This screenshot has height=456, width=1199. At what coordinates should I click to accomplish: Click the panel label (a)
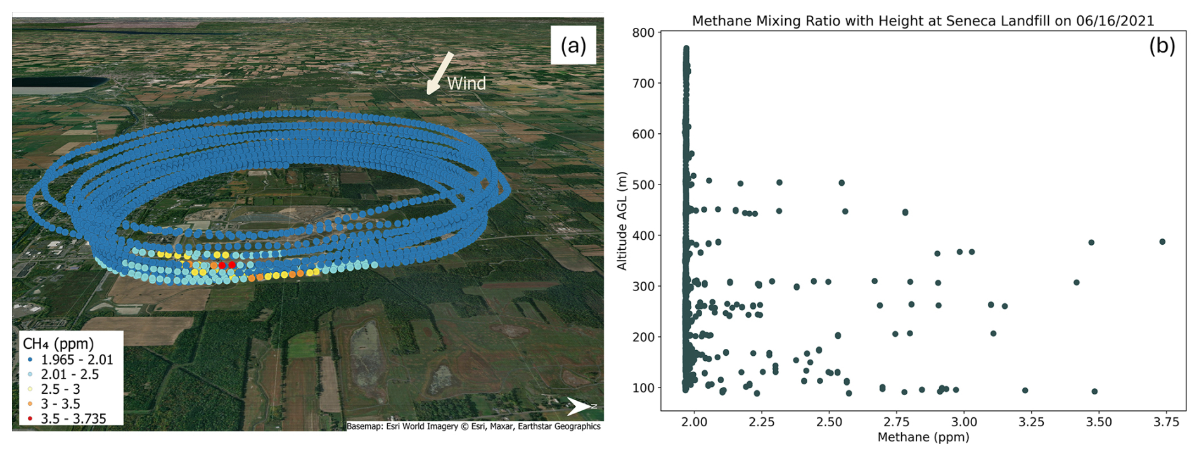tap(573, 45)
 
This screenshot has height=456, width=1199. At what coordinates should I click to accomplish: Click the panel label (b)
tap(1162, 46)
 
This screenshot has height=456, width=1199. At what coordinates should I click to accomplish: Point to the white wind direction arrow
tap(440, 73)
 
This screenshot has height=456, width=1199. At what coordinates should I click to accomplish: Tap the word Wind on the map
tap(466, 84)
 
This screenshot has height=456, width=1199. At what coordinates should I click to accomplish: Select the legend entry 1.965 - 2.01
tap(77, 360)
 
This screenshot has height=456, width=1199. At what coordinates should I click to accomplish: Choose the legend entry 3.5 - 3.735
tap(74, 419)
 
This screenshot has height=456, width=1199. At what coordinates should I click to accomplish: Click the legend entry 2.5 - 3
tap(61, 389)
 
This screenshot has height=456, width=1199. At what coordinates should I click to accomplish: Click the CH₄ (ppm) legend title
tap(58, 344)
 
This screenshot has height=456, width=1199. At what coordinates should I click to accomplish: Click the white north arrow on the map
tap(579, 407)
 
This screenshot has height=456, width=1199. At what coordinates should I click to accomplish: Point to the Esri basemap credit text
tap(473, 426)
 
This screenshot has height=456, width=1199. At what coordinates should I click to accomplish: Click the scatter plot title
tap(923, 21)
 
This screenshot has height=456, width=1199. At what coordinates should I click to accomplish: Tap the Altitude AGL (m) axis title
tap(622, 221)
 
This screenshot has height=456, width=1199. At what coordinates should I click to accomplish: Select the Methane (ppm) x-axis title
tap(923, 437)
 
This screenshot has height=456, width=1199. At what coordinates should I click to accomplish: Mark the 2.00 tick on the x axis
tap(694, 422)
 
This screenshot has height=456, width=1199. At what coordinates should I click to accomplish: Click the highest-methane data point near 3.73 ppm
tap(1162, 242)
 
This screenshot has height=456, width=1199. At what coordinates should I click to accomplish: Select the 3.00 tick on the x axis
tap(964, 422)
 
